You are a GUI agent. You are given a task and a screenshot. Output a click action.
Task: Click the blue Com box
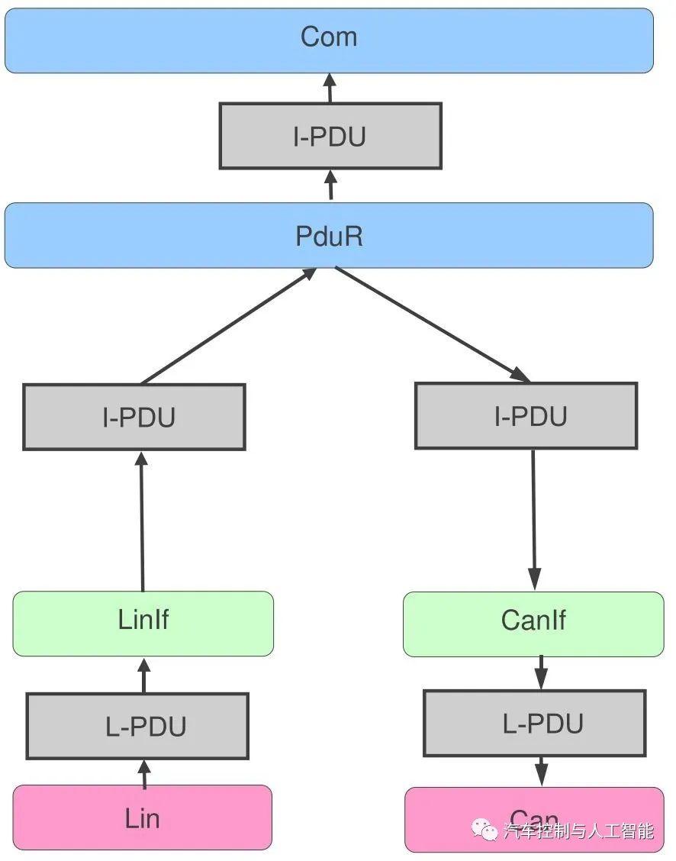point(329,40)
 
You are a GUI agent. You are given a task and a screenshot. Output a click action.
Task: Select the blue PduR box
point(329,235)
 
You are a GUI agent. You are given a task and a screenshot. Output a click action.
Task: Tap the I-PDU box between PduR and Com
point(330,136)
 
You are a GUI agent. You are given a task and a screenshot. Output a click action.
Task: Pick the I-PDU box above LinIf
point(134,417)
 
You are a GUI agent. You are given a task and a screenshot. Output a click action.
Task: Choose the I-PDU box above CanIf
point(526,415)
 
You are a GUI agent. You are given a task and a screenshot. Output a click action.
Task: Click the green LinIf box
point(143,623)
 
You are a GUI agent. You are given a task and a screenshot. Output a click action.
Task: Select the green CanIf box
point(533,624)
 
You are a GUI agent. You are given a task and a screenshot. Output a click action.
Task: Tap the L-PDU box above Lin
point(137,726)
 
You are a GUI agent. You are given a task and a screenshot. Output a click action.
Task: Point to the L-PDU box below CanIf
point(534,724)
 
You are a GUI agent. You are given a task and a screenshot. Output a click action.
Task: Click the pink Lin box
point(143,817)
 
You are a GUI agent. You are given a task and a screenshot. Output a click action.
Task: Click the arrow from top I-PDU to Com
point(330,88)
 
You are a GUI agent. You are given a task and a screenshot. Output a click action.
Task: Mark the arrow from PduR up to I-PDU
point(330,185)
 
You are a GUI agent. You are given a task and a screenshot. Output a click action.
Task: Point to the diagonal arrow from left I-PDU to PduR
point(229,326)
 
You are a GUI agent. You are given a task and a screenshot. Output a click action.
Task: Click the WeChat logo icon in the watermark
point(484,830)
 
